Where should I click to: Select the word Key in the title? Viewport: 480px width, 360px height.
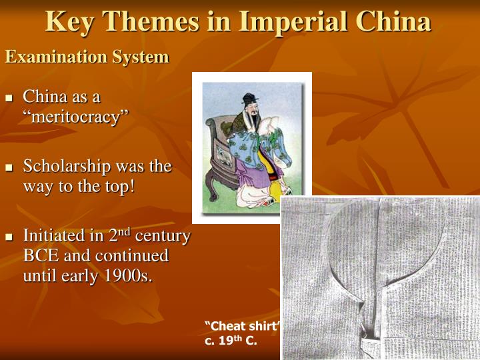point(69,21)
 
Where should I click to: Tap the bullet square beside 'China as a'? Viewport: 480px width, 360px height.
point(10,97)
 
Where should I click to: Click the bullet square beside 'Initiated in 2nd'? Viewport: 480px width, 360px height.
point(10,237)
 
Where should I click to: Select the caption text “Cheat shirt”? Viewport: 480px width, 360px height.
point(242,326)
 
